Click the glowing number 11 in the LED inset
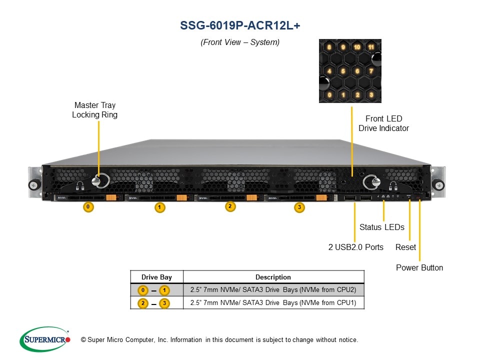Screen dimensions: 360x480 click(370, 47)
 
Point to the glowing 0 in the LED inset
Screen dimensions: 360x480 click(329, 94)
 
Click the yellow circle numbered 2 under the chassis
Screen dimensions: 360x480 click(229, 206)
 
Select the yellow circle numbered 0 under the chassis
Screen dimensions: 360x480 click(88, 206)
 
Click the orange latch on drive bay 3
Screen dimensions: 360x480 click(321, 198)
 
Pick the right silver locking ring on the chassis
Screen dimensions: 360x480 click(370, 182)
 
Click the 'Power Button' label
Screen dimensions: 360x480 click(419, 267)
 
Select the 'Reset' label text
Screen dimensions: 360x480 click(405, 247)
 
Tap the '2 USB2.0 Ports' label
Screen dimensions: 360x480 click(355, 247)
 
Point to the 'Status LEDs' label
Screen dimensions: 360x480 click(381, 227)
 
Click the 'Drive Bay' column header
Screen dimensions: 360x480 click(156, 277)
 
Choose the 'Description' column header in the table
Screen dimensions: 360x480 click(273, 277)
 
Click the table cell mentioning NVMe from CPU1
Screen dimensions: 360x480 click(273, 302)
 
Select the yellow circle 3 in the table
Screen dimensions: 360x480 click(164, 303)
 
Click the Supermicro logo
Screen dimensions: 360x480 click(44, 339)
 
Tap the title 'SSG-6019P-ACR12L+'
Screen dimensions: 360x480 click(240, 26)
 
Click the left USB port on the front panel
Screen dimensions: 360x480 click(349, 200)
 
